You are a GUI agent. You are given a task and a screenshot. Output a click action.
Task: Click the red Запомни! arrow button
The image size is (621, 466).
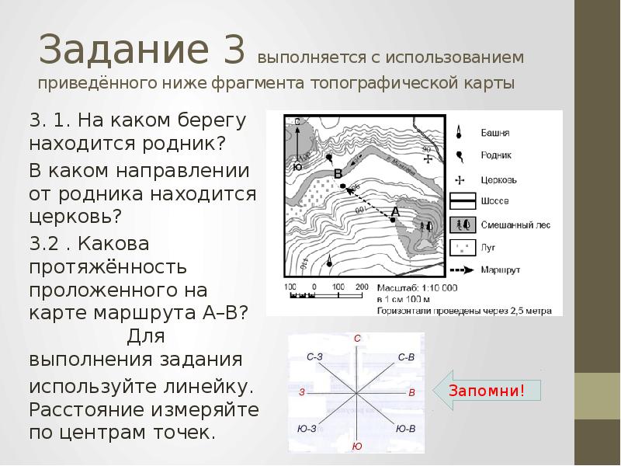pos(485,391)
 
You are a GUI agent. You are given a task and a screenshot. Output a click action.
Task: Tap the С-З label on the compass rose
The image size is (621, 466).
pos(315,356)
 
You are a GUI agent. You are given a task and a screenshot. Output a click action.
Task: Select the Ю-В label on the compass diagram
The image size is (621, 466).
pos(405,428)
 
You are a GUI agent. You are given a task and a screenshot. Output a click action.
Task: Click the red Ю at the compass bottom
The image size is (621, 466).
pos(356,446)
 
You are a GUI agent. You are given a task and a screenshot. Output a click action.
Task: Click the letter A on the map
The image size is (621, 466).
pos(395,211)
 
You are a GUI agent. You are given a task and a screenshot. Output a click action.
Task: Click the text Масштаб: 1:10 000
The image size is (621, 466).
pos(416,288)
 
